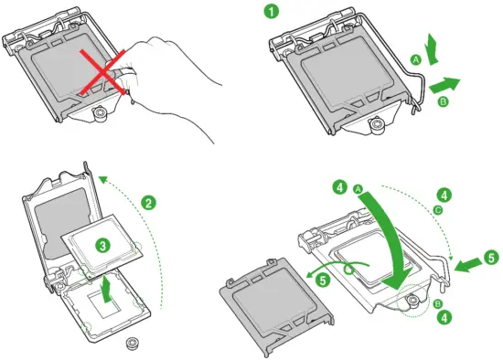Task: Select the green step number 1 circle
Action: pyautogui.click(x=271, y=12)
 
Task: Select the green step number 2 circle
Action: pyautogui.click(x=148, y=201)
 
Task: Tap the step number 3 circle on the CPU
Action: pyautogui.click(x=103, y=246)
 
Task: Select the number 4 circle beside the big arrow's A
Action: pyautogui.click(x=340, y=188)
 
